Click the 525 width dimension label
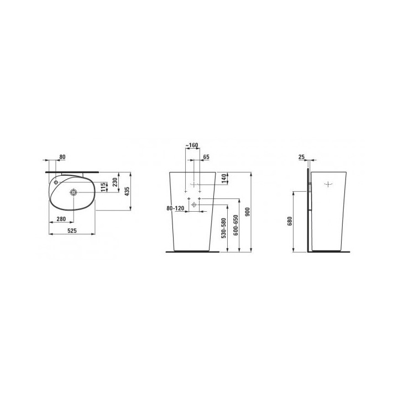point(72,231)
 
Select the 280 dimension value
point(61,219)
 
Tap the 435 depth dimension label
point(127,191)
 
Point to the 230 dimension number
point(115,182)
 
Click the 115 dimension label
point(103,187)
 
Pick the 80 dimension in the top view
point(62,157)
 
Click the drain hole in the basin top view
point(74,192)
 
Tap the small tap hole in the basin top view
point(56,182)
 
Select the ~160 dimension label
point(192,145)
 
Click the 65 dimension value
point(206,157)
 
